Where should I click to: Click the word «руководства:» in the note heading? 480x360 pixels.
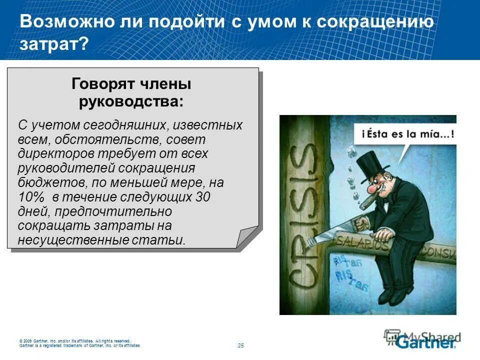click(x=131, y=101)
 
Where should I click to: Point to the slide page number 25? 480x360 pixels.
click(x=240, y=345)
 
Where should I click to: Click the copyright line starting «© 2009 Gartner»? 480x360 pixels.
click(x=75, y=341)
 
